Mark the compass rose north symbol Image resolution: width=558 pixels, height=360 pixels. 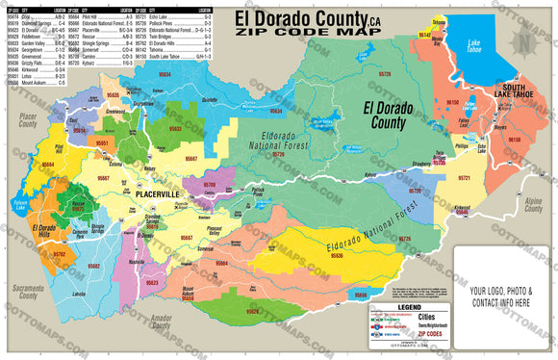click(521, 43)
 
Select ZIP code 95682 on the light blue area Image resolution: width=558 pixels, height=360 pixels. click(93, 265)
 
